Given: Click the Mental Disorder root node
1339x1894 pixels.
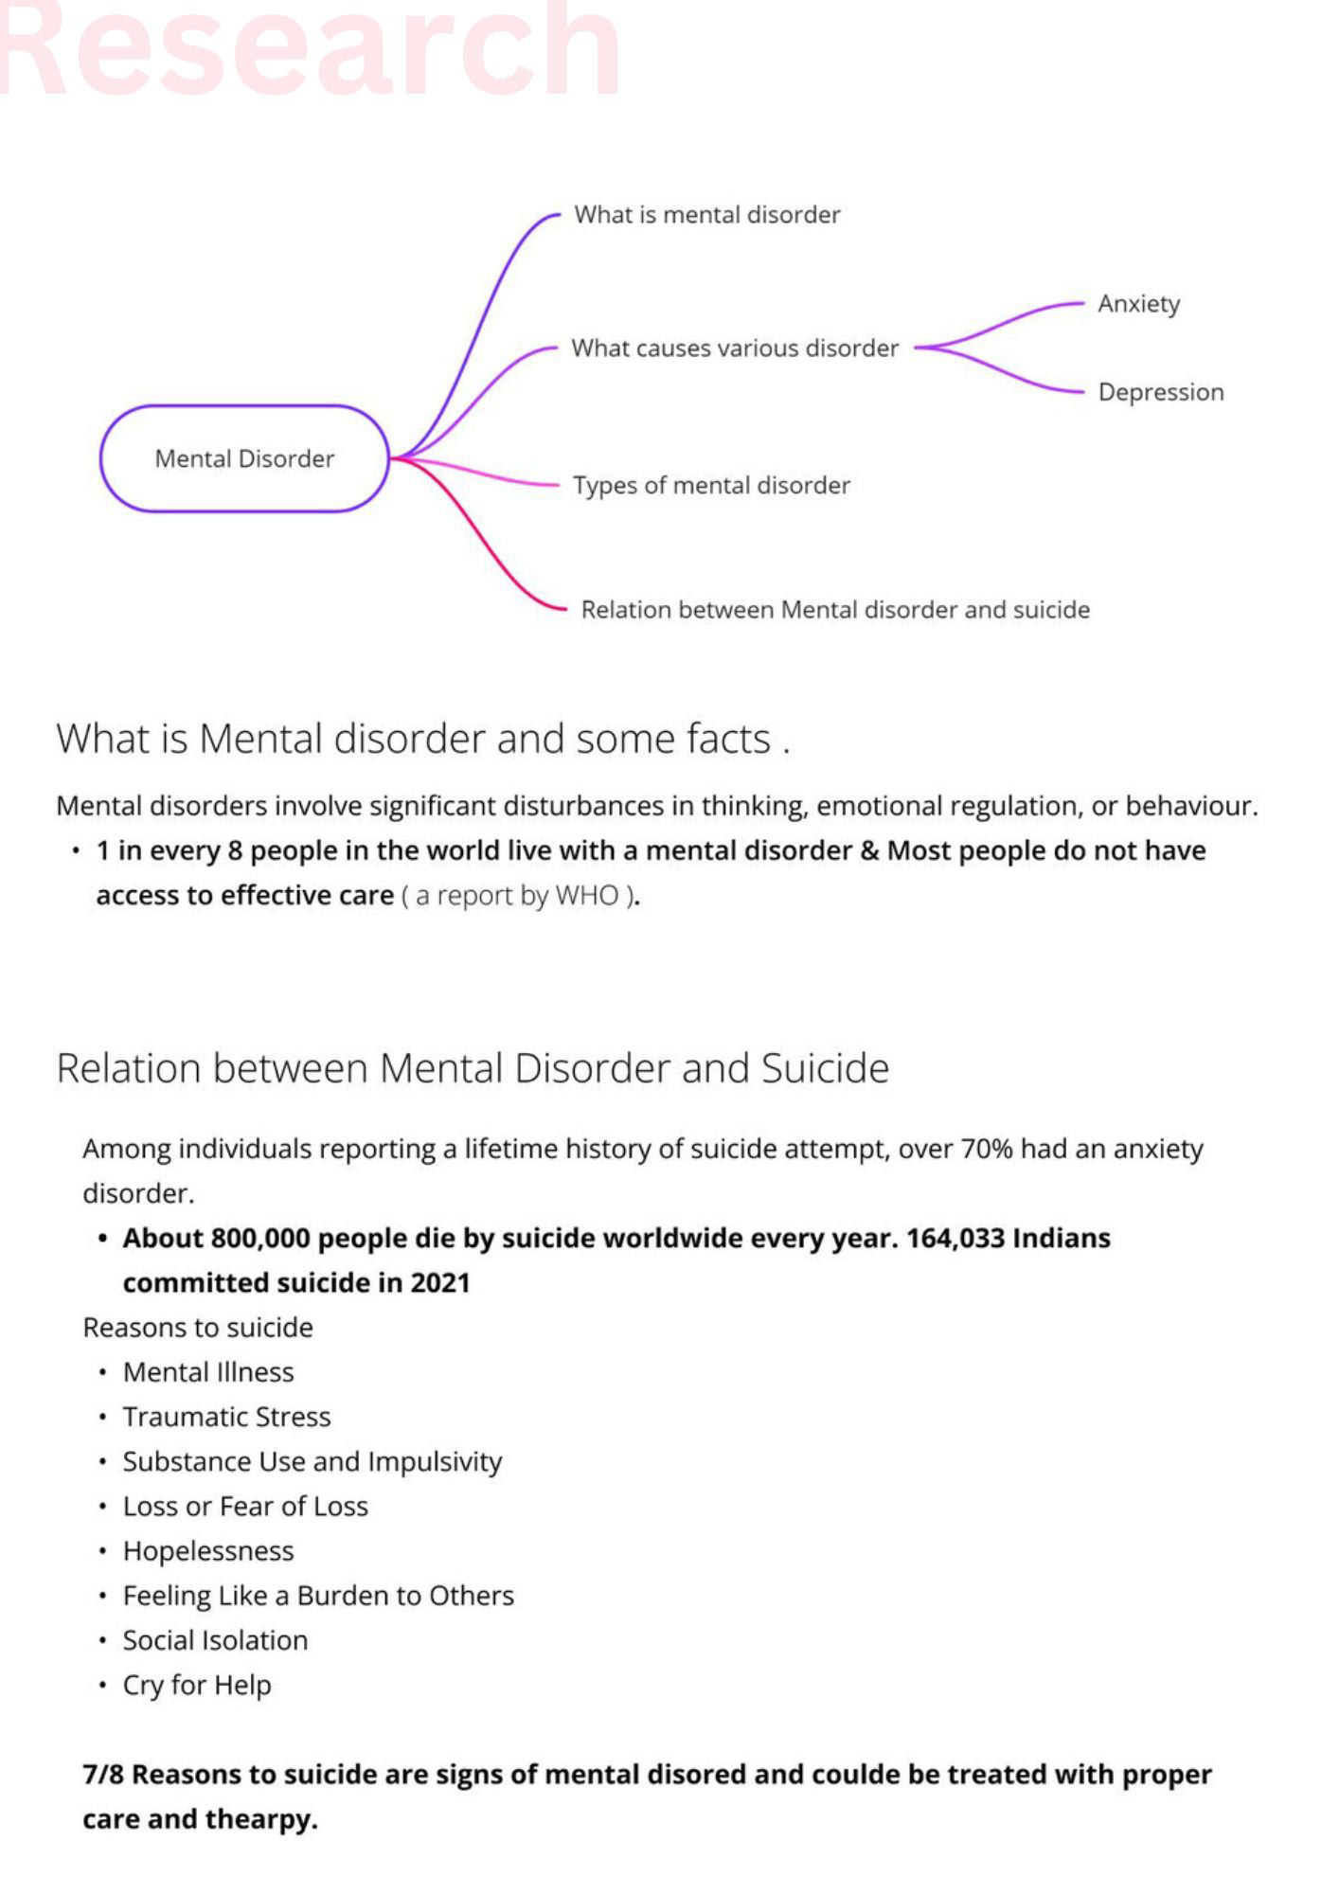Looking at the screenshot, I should [x=244, y=458].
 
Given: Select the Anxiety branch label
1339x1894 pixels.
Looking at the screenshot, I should [x=1138, y=304].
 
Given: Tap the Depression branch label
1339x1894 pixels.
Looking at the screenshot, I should [x=1160, y=392].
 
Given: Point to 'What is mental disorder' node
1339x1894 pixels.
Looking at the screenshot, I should [x=706, y=215].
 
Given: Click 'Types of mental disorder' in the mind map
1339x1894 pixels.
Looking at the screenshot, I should [x=711, y=486].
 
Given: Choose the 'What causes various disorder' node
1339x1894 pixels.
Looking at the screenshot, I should [x=734, y=348].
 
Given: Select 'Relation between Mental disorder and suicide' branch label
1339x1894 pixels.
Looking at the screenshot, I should [x=834, y=610].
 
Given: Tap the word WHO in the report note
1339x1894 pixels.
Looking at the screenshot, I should [x=587, y=896].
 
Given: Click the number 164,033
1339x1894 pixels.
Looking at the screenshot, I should [x=955, y=1239].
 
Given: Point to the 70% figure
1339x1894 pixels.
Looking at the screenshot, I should [x=986, y=1149].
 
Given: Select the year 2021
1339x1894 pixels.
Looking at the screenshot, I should [x=439, y=1283].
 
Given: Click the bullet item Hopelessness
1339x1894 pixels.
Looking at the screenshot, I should [x=208, y=1551].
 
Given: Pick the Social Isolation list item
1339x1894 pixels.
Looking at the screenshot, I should [x=215, y=1640].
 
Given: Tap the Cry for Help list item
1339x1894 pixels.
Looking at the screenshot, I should [x=197, y=1686].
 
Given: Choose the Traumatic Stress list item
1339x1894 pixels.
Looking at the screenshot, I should [x=226, y=1417].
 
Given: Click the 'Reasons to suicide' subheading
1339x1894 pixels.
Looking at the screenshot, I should [x=197, y=1328].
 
